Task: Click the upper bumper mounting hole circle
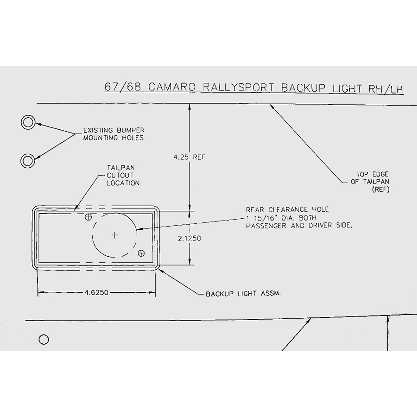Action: point(28,123)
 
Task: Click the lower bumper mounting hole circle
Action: point(28,161)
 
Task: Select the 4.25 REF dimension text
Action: point(189,157)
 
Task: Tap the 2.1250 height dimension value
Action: point(189,238)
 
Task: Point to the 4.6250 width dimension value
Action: point(97,293)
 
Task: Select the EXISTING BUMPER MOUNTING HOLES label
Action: point(114,134)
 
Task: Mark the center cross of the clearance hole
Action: point(114,236)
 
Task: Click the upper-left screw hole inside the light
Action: point(88,217)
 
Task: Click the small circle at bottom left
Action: point(44,340)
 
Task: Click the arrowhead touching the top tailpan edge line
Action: point(272,107)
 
